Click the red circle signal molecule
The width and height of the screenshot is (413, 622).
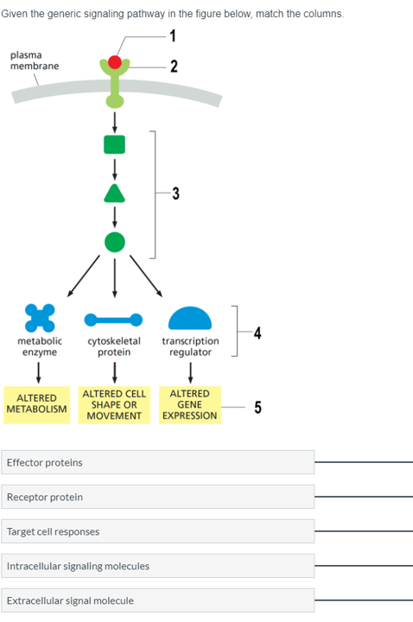coord(115,62)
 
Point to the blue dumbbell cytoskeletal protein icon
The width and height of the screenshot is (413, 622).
coord(114,320)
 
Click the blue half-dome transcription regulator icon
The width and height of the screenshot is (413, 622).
coord(190,319)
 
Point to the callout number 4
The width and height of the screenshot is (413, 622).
coord(257,333)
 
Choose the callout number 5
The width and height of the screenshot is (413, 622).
coord(257,408)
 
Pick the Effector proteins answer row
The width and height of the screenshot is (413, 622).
coord(158,462)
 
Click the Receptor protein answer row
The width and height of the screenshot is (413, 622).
coord(158,497)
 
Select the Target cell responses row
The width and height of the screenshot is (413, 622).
coord(158,531)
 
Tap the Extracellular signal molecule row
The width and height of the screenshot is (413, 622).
coord(158,600)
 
